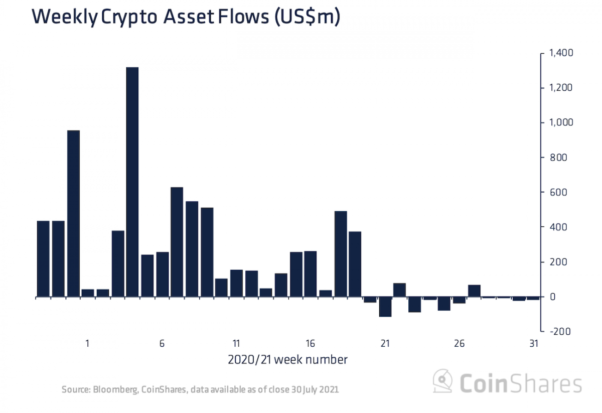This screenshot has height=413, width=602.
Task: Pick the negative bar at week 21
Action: coord(385,307)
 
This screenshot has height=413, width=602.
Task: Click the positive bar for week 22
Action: coord(400,290)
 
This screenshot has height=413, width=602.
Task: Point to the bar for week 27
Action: coord(475,291)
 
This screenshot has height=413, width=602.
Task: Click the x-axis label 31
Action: coord(533,344)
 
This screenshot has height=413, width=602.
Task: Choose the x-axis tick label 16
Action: coord(311,344)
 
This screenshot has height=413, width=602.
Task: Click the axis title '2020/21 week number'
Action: coord(287,360)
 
